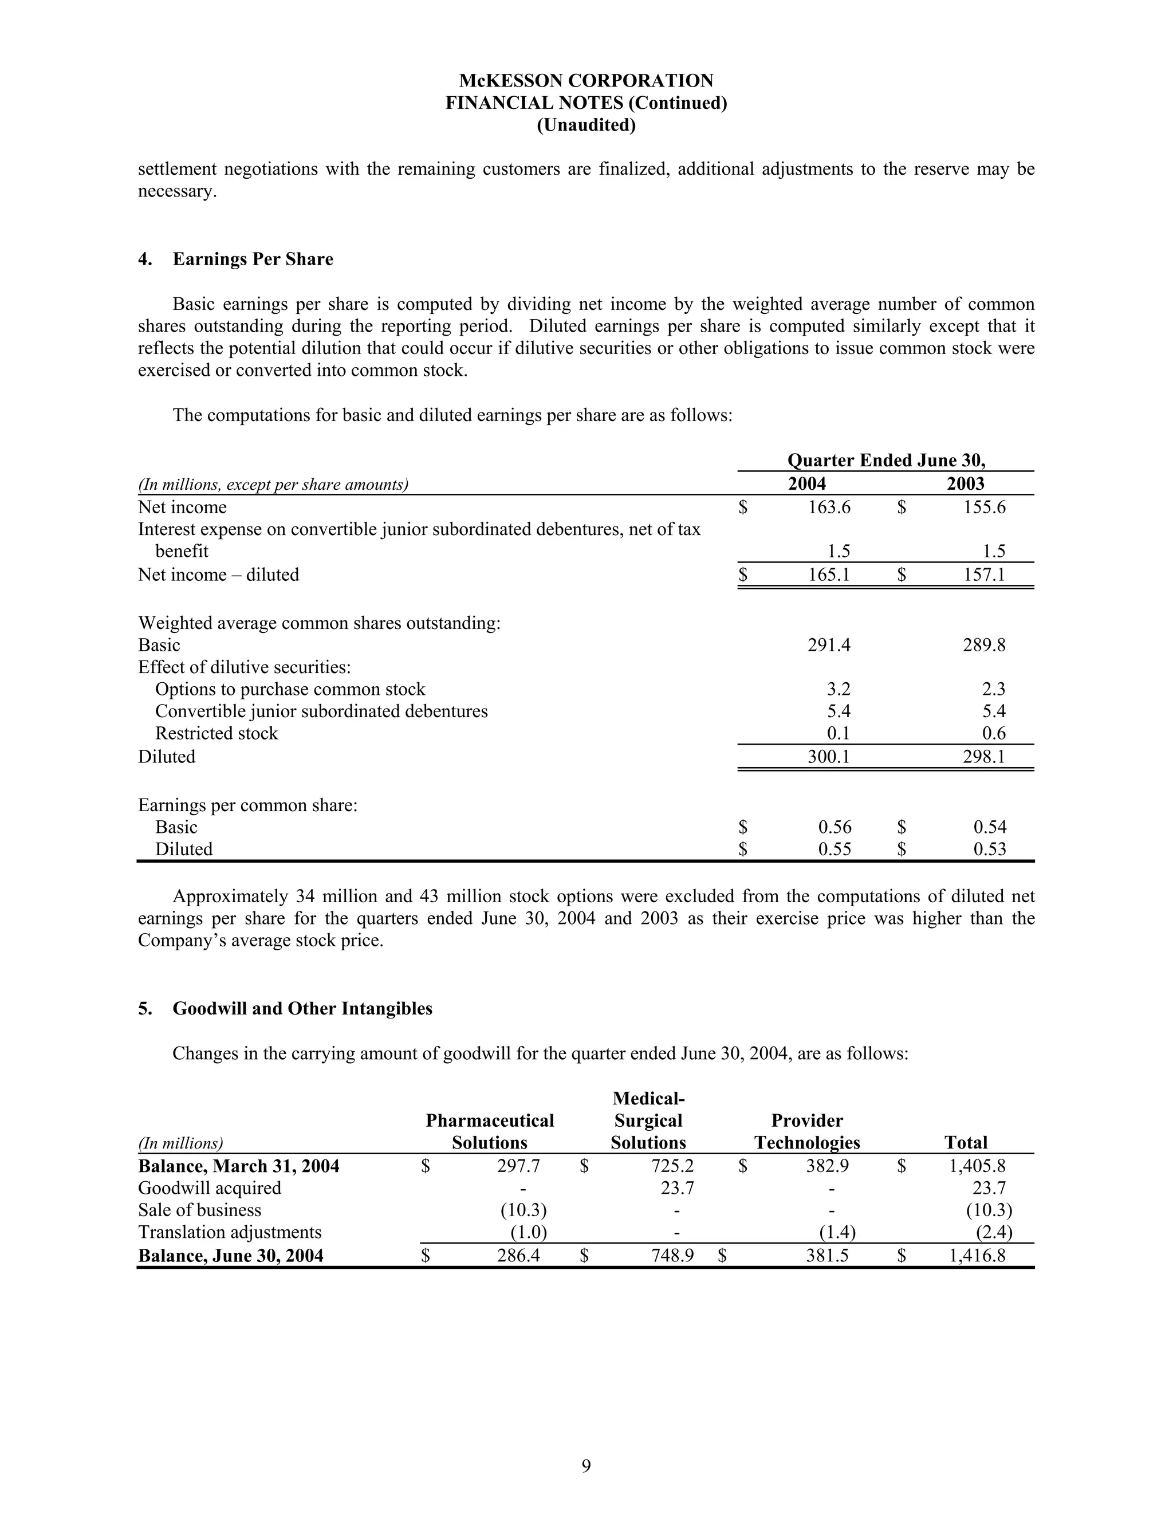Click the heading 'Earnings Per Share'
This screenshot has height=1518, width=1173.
pos(253,259)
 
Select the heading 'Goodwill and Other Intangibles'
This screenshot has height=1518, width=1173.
pos(302,1009)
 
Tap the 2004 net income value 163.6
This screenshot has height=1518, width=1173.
pos(829,508)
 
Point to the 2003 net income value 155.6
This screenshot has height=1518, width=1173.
pos(985,508)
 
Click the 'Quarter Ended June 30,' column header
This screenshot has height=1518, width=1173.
pos(886,461)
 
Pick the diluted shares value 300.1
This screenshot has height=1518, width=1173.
pos(829,756)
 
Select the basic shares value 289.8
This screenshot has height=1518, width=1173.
pos(985,645)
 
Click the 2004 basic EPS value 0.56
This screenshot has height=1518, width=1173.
pos(835,827)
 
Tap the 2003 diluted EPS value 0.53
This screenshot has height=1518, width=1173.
pos(990,850)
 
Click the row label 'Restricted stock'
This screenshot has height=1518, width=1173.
pos(216,733)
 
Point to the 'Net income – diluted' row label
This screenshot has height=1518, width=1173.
pos(219,575)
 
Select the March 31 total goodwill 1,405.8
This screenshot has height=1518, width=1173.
pos(977,1166)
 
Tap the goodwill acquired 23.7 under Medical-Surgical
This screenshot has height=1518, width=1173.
pos(677,1188)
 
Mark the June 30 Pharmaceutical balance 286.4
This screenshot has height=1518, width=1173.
pos(518,1255)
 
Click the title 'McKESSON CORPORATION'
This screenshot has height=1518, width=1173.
pos(586,81)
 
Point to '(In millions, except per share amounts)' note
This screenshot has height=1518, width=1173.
pos(273,485)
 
